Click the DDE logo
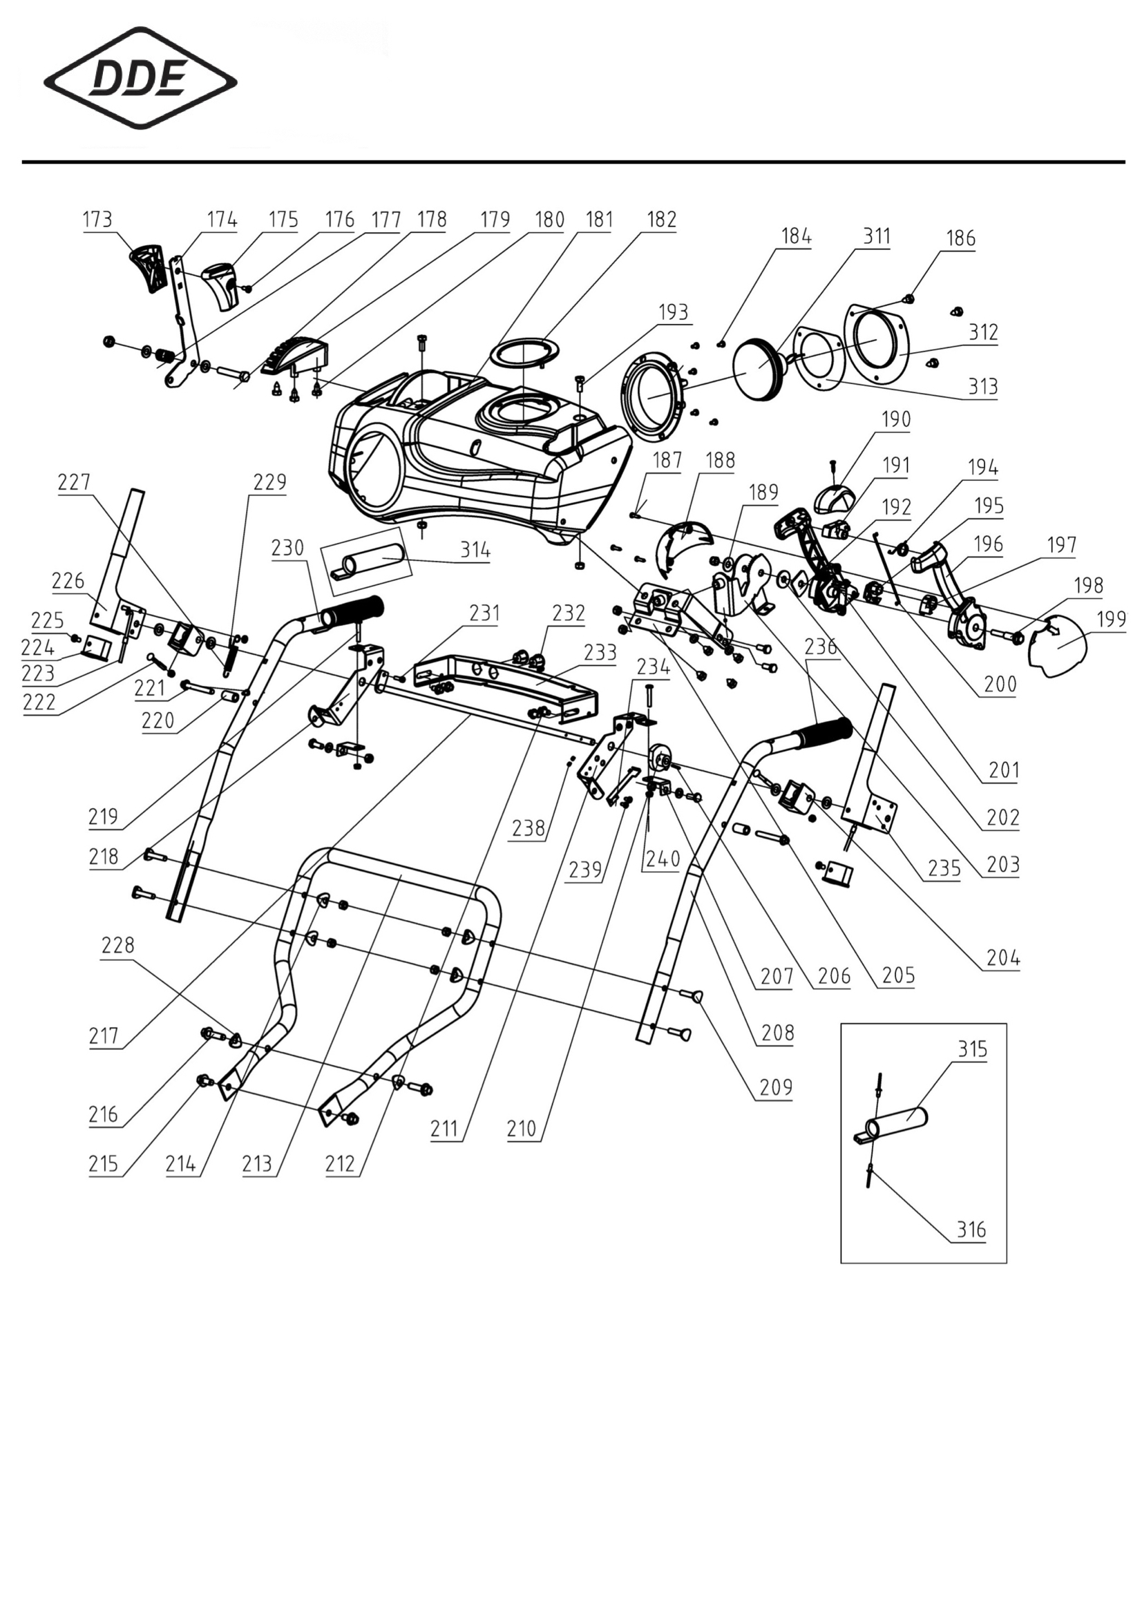140,78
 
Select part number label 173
97,220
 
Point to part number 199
1112,619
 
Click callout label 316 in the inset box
971,1230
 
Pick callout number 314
475,550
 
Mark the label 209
776,1087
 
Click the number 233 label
600,652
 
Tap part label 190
896,419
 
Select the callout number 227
74,482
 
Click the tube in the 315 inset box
891,1123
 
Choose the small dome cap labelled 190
835,499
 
